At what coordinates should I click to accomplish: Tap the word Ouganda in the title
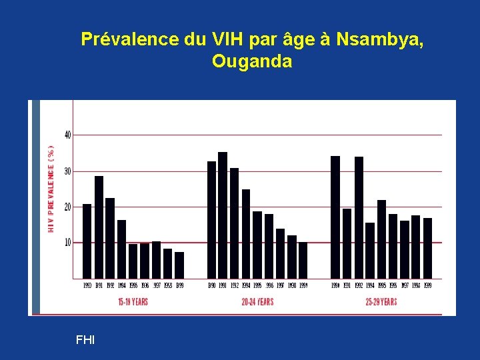point(252,62)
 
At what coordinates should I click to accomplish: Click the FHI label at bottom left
point(85,340)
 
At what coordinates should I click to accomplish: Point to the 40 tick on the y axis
point(67,135)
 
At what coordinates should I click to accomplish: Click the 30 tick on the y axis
point(67,171)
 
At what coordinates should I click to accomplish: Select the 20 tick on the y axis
point(67,207)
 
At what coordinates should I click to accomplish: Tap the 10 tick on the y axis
point(67,242)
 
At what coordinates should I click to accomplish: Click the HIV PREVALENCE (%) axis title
point(51,189)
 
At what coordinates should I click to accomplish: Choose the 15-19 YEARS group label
point(133,302)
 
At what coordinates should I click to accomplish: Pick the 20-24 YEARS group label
point(257,302)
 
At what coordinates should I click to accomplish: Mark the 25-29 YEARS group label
point(381,302)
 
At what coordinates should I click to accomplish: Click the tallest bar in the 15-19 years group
point(99,227)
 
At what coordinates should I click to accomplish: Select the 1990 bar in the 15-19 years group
point(87,241)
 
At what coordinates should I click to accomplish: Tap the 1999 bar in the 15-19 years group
point(179,265)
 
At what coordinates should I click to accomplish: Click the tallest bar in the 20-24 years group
point(223,215)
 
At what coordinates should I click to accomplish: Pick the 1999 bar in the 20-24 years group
point(303,260)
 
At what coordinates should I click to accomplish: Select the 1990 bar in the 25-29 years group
point(335,217)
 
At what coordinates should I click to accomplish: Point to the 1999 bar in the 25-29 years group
point(428,248)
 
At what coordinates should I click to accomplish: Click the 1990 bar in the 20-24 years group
point(211,219)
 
